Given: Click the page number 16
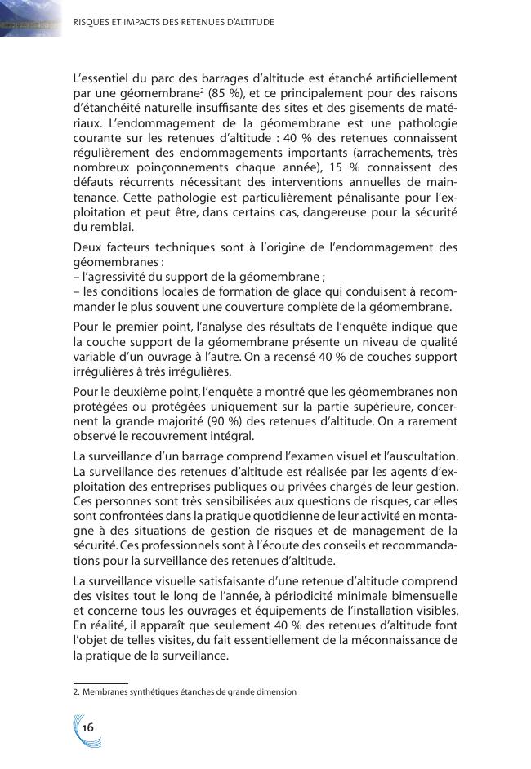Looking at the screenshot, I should click(x=87, y=727).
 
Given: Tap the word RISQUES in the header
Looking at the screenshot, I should click(x=91, y=22).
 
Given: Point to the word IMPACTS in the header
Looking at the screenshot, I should click(x=142, y=22).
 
